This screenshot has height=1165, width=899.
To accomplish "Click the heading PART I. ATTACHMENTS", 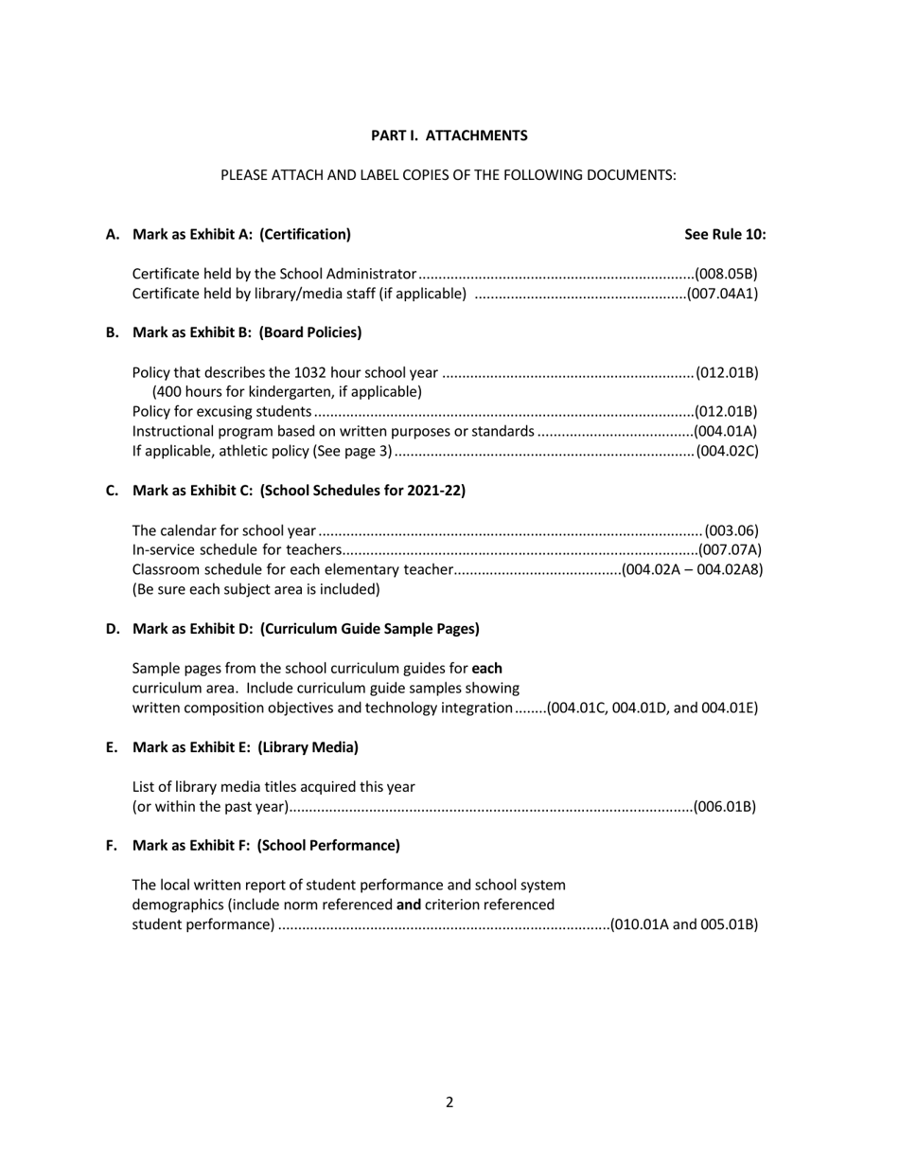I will [449, 135].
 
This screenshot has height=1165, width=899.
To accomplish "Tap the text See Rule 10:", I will [725, 234].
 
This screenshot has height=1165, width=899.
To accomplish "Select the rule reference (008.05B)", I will [726, 275].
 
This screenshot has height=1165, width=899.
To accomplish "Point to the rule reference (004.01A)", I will [726, 431].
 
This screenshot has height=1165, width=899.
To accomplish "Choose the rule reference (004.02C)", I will [727, 451].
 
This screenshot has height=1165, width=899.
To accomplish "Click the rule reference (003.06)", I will [731, 530].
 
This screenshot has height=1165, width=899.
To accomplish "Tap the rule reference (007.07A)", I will [729, 549].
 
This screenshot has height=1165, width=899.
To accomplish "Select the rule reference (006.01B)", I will [725, 807].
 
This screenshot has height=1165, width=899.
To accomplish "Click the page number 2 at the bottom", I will [449, 1102].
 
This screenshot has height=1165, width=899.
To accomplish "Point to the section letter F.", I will [112, 845].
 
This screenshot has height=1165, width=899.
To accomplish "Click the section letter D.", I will [113, 629].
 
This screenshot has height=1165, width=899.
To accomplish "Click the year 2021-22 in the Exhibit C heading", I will [434, 490].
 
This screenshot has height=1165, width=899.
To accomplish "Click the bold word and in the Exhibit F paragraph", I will [408, 905].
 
